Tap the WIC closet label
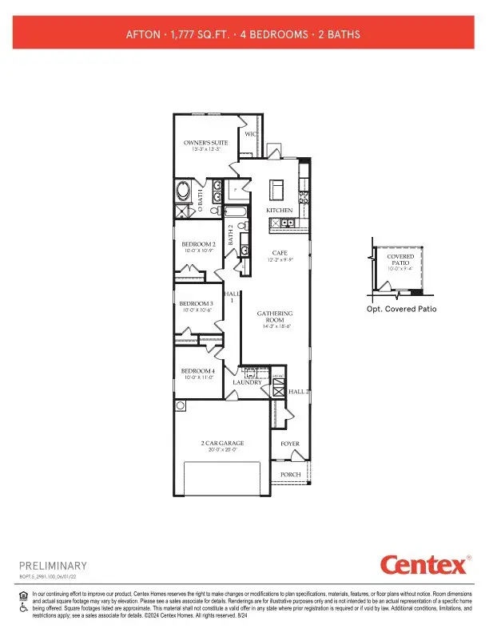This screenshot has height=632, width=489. point(250,135)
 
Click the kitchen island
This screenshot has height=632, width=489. point(277,189)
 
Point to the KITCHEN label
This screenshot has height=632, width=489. point(279,211)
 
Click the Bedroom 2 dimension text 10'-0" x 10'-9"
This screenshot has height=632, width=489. point(197,251)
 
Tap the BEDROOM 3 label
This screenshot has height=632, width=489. point(196,304)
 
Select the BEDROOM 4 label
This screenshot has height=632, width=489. point(197,371)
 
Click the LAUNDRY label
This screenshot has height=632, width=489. point(248,383)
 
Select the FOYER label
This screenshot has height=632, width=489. point(288,444)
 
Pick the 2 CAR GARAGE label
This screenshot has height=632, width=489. point(222,443)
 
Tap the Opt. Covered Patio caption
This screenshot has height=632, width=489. point(400,309)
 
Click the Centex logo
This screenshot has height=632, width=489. point(423,565)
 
